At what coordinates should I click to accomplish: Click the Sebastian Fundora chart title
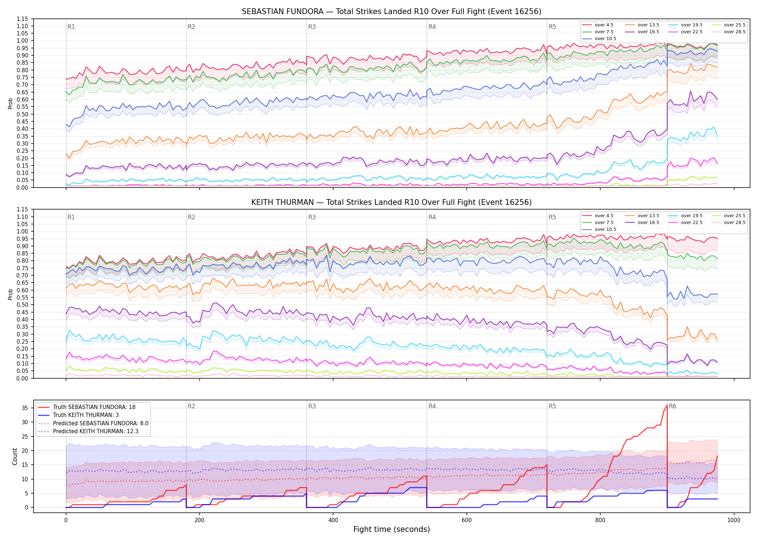(391, 12)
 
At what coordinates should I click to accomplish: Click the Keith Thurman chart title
(391, 202)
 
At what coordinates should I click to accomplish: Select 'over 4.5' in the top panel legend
(604, 25)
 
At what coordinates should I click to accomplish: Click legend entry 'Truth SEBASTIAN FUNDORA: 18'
(94, 407)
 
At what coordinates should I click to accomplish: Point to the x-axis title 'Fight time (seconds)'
(392, 529)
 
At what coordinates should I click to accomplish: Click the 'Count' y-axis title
(15, 456)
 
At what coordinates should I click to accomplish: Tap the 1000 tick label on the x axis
(734, 520)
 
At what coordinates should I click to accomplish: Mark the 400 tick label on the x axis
(333, 520)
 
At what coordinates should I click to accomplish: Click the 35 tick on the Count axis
(25, 408)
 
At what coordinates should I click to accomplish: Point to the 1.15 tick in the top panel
(22, 19)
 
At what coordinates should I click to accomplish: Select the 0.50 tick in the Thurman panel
(22, 305)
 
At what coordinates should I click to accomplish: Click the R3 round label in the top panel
(312, 27)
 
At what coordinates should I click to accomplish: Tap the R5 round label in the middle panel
(552, 217)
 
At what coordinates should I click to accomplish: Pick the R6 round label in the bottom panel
(672, 406)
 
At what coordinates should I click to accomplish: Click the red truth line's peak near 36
(667, 405)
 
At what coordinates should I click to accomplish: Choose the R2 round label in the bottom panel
(191, 406)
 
